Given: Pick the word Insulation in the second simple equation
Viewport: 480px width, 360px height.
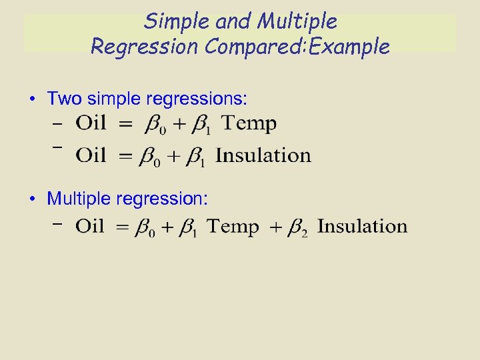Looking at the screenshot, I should point(263,155).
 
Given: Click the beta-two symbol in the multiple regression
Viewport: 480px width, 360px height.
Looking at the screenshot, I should point(297,228).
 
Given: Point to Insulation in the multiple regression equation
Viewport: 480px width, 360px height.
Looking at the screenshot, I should point(362,226).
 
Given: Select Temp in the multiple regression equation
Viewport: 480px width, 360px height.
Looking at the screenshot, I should point(233,226).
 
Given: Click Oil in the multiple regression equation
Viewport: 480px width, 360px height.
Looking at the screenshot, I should point(91,226).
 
